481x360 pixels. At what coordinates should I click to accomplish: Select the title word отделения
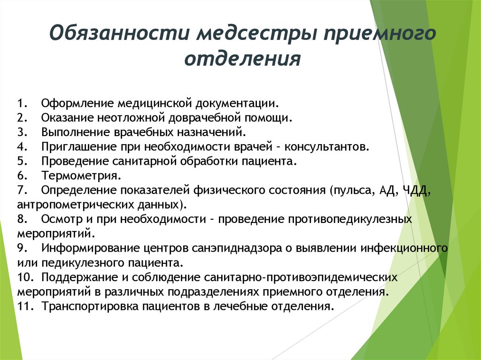242,59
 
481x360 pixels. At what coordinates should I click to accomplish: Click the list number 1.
22,103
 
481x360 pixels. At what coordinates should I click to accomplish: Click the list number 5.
22,161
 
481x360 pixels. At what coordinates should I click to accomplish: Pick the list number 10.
24,277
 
